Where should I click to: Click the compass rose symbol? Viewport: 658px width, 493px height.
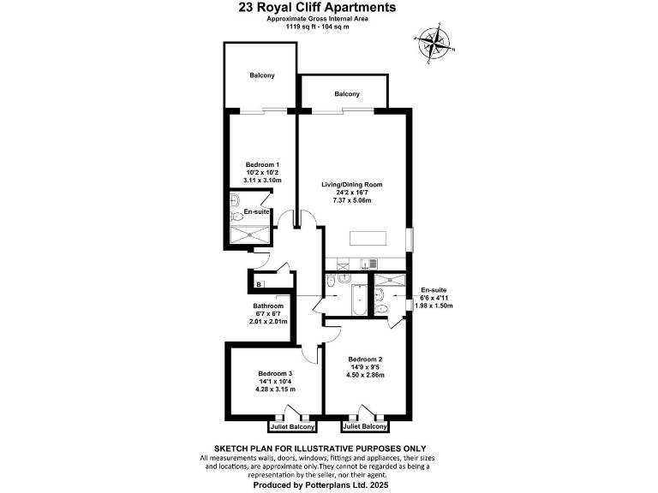point(434,39)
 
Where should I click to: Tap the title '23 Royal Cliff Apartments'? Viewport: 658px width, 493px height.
point(317,8)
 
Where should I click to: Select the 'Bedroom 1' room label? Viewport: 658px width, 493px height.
point(263,164)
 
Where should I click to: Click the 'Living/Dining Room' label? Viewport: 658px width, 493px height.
point(351,184)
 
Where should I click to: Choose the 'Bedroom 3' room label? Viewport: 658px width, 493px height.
point(275,373)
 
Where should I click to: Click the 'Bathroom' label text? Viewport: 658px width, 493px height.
point(267,306)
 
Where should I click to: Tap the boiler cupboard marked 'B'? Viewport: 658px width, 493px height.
point(259,284)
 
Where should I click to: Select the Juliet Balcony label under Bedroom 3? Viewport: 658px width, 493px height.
point(292,426)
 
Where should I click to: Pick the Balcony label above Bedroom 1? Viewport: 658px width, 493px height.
point(262,76)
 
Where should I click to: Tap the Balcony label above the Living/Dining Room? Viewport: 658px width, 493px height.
point(347,93)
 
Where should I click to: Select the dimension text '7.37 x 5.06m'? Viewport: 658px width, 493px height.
point(351,200)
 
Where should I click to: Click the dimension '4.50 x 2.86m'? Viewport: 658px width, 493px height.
point(366,375)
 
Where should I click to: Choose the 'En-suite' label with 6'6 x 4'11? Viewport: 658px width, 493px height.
point(433,290)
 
